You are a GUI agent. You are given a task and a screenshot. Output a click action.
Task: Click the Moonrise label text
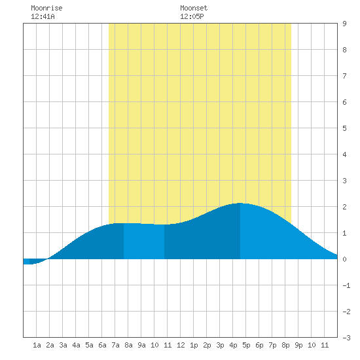coord(46,8)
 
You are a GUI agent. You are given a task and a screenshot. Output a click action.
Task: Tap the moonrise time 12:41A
coord(43,16)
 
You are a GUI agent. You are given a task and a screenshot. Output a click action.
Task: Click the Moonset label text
coord(194,8)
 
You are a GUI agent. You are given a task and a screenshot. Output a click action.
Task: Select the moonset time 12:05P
coord(192,16)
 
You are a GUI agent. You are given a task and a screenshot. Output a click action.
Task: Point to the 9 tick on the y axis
coord(344,24)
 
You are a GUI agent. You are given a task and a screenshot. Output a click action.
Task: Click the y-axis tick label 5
coord(344,128)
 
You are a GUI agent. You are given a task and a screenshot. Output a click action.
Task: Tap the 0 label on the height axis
coord(344,259)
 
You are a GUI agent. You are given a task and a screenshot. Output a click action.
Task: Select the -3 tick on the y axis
coord(346,338)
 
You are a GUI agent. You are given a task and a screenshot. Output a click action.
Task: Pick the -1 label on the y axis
coord(346,285)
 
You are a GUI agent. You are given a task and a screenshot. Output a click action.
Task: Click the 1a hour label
coord(37,345)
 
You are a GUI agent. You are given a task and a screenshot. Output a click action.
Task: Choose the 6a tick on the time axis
coord(102,345)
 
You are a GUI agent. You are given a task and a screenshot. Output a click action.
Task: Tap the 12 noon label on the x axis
coord(181,345)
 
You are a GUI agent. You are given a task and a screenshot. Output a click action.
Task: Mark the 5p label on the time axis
coord(246,345)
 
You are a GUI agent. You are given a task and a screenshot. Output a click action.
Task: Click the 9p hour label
coord(298,345)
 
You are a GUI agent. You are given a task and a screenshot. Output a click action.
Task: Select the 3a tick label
coord(63,345)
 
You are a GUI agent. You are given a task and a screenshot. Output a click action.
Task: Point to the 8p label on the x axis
coord(285,345)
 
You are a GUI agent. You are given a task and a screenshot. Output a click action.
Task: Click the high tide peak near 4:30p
coord(240,203)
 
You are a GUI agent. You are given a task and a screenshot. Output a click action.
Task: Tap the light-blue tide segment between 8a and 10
coord(144,241)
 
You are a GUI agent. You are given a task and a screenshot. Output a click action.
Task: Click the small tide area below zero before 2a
coord(35,262)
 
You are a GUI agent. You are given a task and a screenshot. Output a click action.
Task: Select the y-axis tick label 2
coord(344,207)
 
